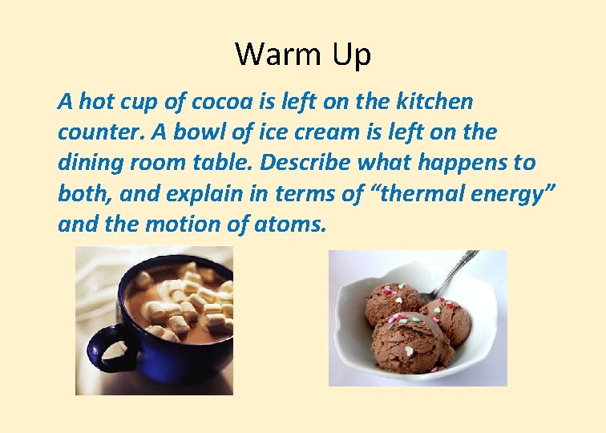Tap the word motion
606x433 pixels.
coord(181,225)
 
